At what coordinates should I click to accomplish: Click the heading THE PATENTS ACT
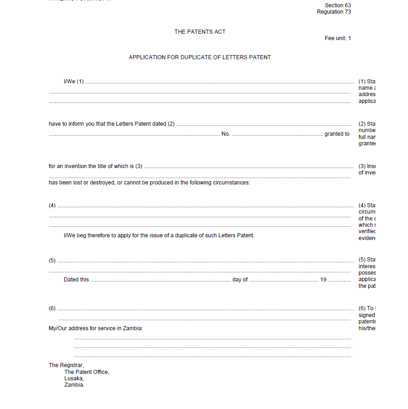click(200, 32)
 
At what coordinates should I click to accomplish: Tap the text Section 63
click(338, 5)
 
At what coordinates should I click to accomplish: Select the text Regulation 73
click(334, 12)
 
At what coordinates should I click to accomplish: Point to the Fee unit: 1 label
click(338, 38)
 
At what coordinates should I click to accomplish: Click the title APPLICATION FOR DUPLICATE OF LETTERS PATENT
click(200, 57)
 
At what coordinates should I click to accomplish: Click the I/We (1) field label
click(74, 82)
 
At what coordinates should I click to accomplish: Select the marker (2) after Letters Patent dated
click(171, 124)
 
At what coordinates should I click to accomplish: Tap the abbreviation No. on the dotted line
click(226, 134)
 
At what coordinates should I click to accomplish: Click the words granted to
click(337, 134)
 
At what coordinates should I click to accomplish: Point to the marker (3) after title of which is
click(139, 166)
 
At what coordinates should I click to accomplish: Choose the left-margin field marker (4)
click(52, 205)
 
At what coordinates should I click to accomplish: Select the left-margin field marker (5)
click(52, 261)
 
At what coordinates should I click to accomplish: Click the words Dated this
click(76, 280)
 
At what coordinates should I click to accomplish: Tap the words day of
click(240, 280)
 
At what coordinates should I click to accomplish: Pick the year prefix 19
click(323, 280)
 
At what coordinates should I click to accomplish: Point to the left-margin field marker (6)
click(52, 308)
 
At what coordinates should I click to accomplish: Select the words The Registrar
click(66, 365)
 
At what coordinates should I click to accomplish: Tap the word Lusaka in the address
click(74, 378)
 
